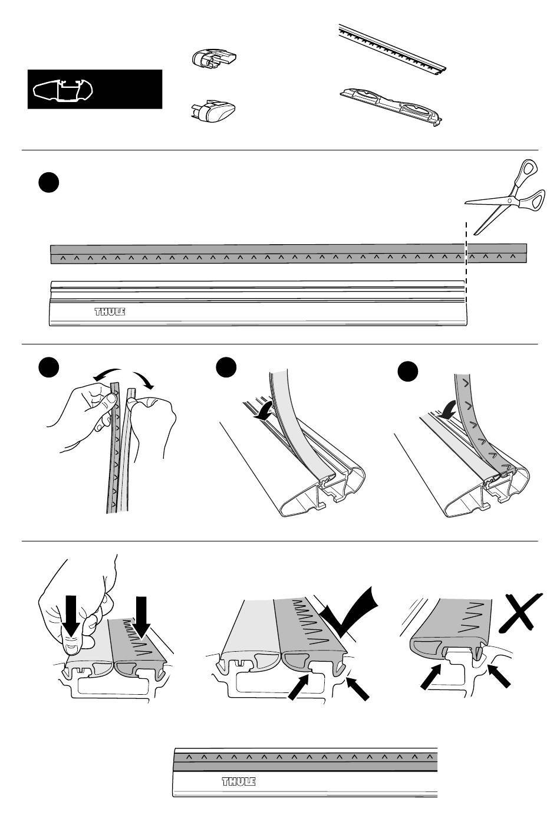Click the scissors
[x=508, y=198]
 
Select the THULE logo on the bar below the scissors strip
[x=110, y=311]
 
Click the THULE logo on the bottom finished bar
[x=238, y=782]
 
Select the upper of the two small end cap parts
[x=213, y=59]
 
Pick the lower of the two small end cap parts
[x=213, y=110]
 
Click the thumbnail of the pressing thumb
[x=72, y=648]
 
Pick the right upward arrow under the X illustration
[x=499, y=675]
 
